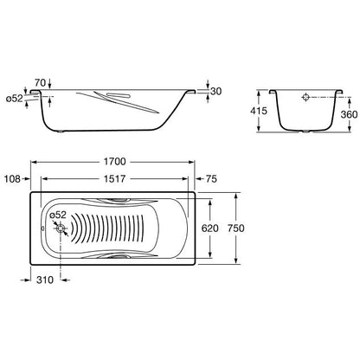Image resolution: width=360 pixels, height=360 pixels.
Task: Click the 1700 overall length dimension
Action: (115, 162)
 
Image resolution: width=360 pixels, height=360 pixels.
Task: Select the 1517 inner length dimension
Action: (115, 179)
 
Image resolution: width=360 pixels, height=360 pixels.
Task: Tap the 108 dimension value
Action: (12, 179)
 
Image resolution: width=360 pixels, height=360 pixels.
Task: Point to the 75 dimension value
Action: (211, 179)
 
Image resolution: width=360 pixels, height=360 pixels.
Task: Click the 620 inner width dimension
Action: (209, 228)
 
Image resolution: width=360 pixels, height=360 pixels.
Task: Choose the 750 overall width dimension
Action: (235, 228)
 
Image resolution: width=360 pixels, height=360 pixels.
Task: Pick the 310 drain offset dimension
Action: (45, 280)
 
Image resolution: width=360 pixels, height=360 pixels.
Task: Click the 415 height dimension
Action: (259, 111)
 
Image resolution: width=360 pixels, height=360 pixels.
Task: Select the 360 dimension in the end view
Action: (349, 114)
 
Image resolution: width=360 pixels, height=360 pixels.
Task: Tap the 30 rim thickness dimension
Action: (215, 91)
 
